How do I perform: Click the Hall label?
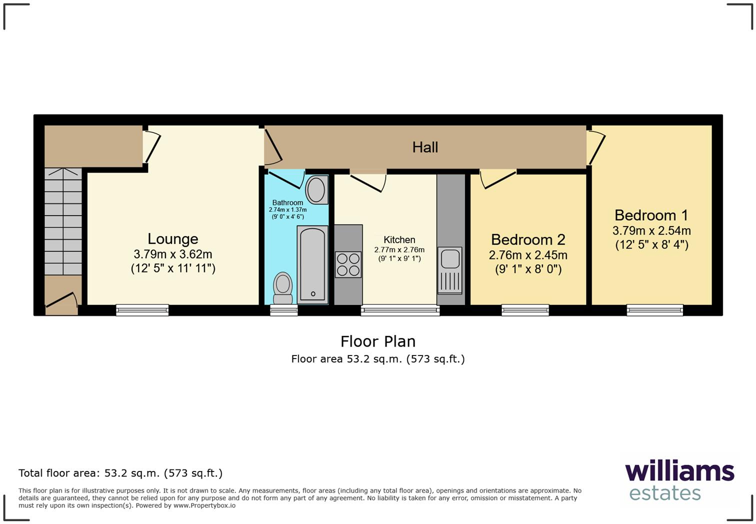point(425,147)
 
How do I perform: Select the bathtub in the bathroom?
point(312,264)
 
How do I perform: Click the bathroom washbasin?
point(316,189)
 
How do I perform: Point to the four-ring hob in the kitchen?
point(348,264)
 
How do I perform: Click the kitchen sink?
point(450,270)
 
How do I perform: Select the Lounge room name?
point(173,238)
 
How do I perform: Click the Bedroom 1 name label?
point(651,215)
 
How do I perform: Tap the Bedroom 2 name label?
point(528,239)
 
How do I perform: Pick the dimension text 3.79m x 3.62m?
point(173,254)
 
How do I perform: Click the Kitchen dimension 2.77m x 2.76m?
point(399,249)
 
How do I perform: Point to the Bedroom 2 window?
point(525,310)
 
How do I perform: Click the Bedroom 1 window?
point(654,310)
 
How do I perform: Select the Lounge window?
point(142,310)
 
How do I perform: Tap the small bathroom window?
point(283,310)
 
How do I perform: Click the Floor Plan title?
point(378,341)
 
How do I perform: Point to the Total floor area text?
point(120,473)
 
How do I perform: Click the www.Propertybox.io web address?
point(204,505)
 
